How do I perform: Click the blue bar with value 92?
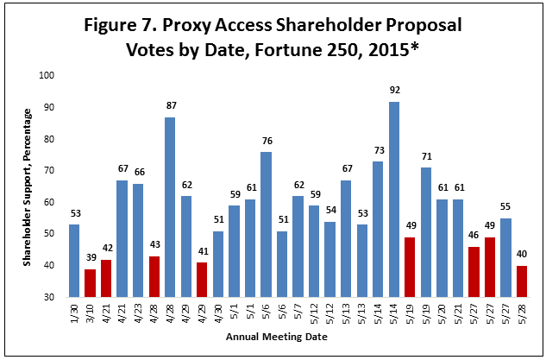click(394, 199)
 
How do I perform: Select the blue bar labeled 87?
click(171, 207)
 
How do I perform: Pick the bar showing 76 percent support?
click(267, 224)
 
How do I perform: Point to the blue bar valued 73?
click(378, 229)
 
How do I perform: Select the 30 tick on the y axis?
click(49, 297)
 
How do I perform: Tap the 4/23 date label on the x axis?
click(139, 311)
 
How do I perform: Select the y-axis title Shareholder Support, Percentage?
click(28, 186)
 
